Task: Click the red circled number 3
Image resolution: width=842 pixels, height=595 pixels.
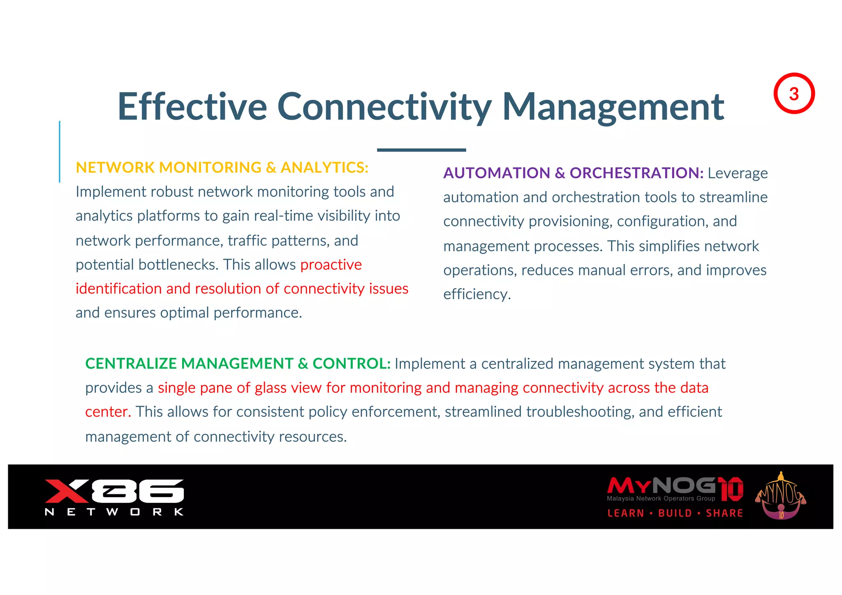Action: (794, 94)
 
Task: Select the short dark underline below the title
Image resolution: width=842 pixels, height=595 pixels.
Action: (421, 150)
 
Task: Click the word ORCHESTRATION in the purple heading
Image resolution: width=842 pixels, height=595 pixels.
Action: (636, 173)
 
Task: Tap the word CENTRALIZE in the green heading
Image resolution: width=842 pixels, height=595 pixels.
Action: (131, 364)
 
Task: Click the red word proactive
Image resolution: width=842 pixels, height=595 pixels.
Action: (331, 265)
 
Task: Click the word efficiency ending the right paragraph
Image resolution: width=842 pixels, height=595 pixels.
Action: (476, 294)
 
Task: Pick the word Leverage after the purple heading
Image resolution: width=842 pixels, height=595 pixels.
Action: (738, 173)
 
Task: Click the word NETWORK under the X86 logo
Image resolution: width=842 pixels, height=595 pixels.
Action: (114, 512)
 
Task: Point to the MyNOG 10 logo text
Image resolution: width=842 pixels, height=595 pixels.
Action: (674, 487)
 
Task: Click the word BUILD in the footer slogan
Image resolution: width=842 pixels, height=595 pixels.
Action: (675, 513)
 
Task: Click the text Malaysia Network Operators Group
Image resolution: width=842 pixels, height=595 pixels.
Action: (661, 498)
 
